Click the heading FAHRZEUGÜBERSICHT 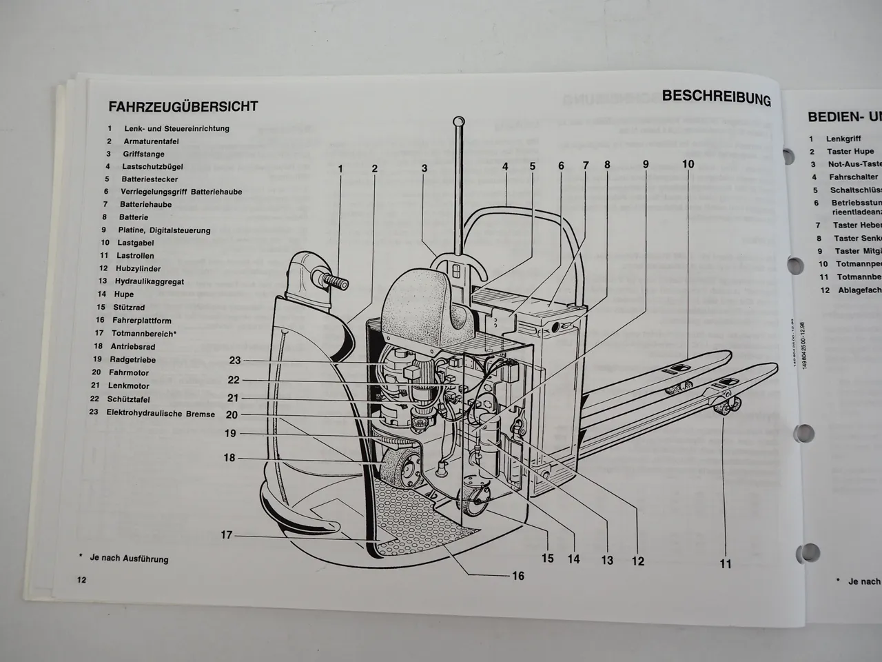click(183, 107)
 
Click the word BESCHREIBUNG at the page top click(716, 98)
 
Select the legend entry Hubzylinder click(139, 268)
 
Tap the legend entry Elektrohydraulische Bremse click(161, 413)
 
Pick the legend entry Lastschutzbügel click(152, 166)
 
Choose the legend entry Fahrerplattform click(142, 320)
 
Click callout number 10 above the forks click(688, 164)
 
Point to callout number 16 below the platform click(517, 576)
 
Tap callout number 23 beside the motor click(235, 360)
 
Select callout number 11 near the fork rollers click(725, 563)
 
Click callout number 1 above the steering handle click(340, 168)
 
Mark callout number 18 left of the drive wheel click(229, 458)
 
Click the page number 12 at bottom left click(81, 580)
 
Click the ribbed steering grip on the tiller click(334, 283)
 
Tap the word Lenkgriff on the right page click(843, 139)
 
